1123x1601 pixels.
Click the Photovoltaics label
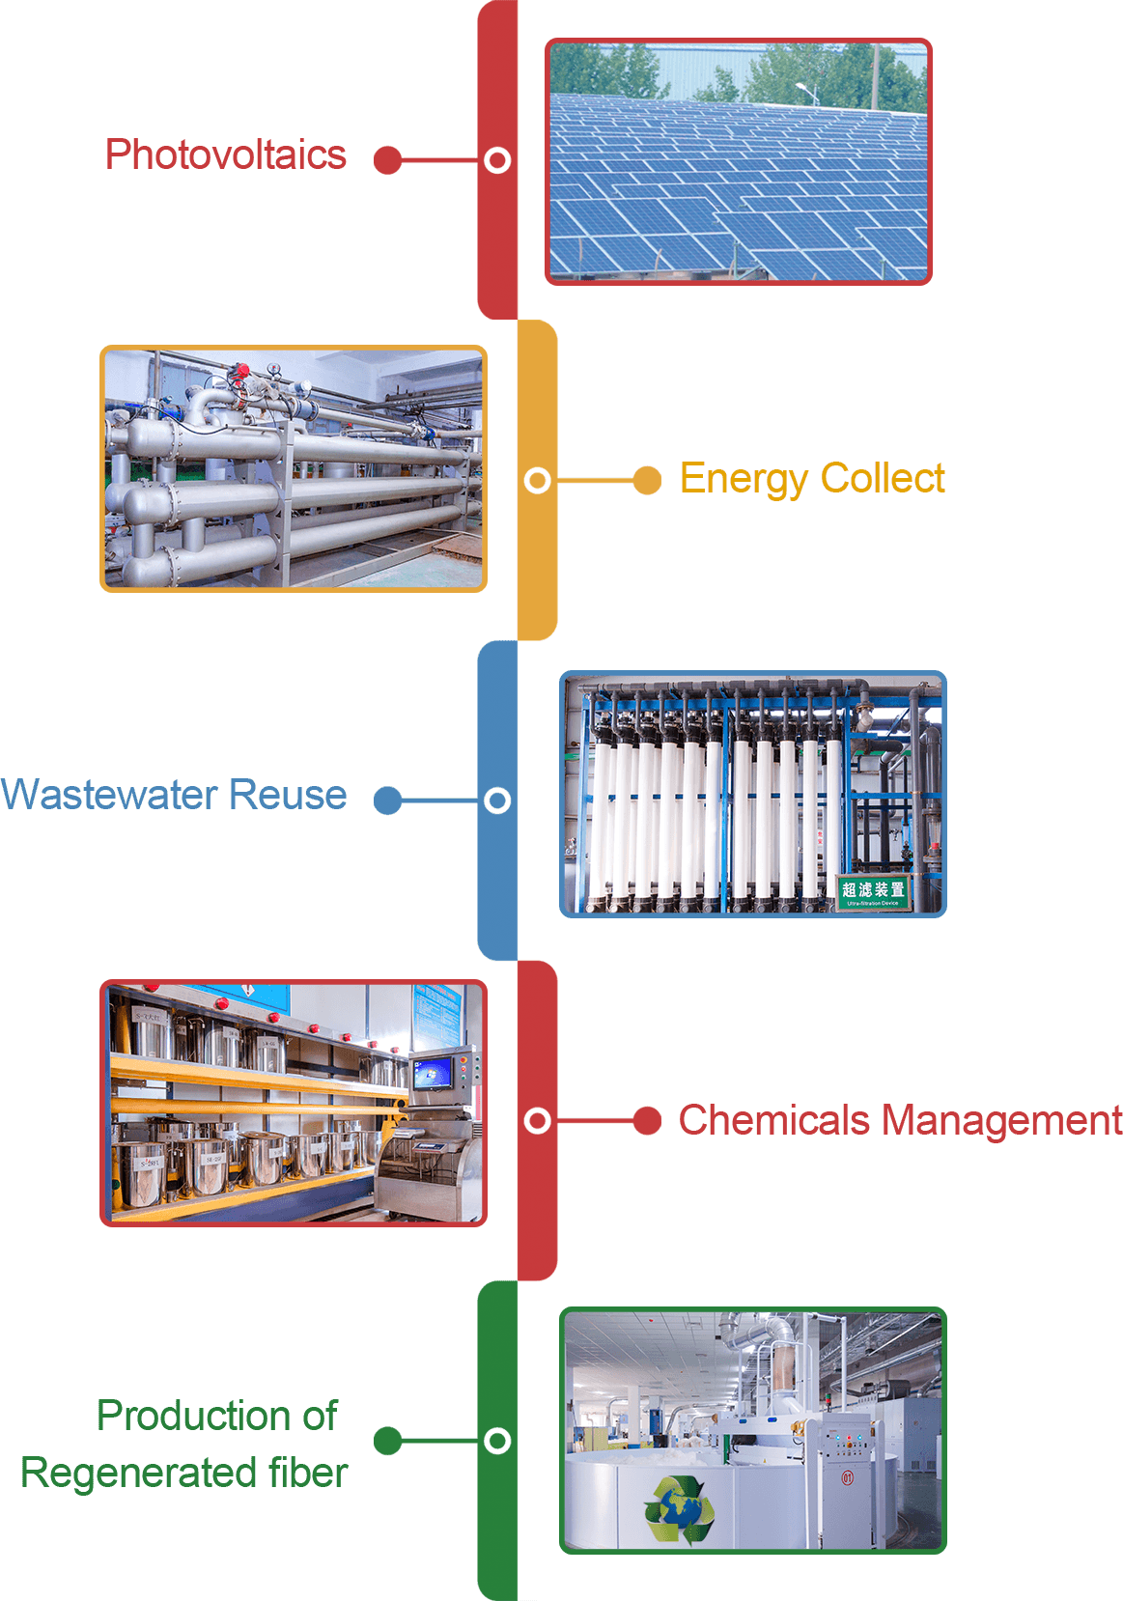pyautogui.click(x=225, y=155)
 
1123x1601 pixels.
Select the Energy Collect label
pyautogui.click(x=811, y=479)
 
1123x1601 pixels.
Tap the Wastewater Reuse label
pyautogui.click(x=174, y=795)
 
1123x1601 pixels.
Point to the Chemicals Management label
pyautogui.click(x=899, y=1120)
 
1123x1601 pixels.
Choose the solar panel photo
pyautogui.click(x=738, y=162)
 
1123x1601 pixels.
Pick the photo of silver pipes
pyautogui.click(x=294, y=469)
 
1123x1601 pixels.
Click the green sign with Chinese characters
pyautogui.click(x=873, y=891)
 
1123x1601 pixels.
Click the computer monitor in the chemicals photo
pyautogui.click(x=432, y=1074)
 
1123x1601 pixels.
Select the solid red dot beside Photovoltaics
pyautogui.click(x=388, y=160)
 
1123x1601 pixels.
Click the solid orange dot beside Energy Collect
pyautogui.click(x=647, y=480)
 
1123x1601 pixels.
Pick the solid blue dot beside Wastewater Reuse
pyautogui.click(x=388, y=800)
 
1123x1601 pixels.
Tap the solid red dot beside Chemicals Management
pyautogui.click(x=647, y=1121)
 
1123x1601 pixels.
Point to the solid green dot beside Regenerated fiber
pyautogui.click(x=388, y=1441)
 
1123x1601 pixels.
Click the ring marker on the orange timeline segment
pyautogui.click(x=538, y=480)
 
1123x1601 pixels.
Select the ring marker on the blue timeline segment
pyautogui.click(x=497, y=800)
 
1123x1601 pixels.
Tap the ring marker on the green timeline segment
pyautogui.click(x=497, y=1441)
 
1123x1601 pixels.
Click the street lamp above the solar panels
pyautogui.click(x=807, y=91)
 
